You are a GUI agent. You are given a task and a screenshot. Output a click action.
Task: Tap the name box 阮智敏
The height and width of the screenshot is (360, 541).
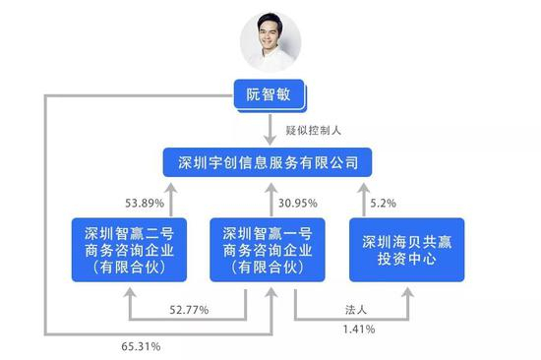(x=270, y=95)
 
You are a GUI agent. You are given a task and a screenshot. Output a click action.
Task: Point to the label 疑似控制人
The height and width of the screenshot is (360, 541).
(x=313, y=129)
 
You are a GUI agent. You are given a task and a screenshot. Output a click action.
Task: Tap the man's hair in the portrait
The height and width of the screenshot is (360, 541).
(x=270, y=18)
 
